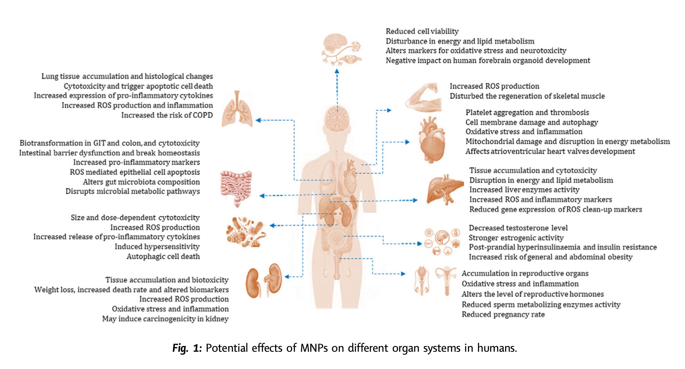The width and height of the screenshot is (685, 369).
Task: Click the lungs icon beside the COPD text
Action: coord(237,109)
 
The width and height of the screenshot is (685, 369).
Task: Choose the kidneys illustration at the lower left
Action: coord(264,281)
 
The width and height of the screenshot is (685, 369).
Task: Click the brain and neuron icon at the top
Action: coord(341,49)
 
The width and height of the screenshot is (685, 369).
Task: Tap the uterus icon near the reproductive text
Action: coord(446,279)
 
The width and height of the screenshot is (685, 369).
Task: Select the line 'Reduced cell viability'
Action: coord(422,31)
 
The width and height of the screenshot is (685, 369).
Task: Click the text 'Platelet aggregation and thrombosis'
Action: coord(527,113)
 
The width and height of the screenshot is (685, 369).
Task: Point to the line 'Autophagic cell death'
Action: coord(163,256)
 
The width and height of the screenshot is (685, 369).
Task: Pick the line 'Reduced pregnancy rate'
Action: coord(503,314)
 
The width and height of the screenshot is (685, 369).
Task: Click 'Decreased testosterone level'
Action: coord(518,228)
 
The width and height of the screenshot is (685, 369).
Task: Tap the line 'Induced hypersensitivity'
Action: coord(157,247)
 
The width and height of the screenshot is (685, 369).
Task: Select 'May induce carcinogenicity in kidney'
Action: coord(165,319)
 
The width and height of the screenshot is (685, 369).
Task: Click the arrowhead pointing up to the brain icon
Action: coord(337,71)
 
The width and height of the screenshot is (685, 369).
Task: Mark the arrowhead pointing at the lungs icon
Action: coord(258,120)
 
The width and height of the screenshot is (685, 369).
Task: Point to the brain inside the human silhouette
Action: coord(337,118)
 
